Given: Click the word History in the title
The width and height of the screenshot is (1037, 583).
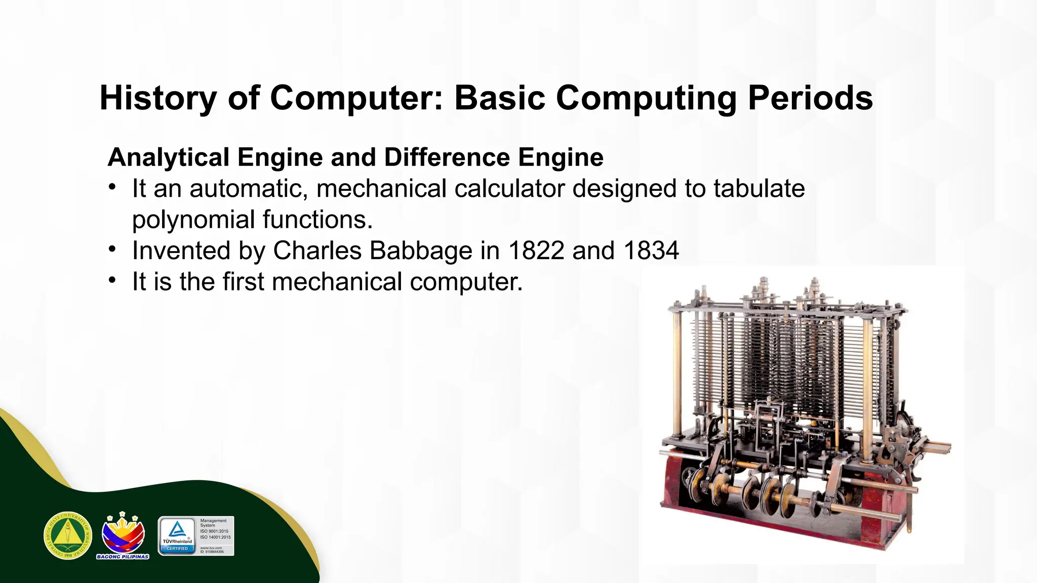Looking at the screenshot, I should click(158, 98).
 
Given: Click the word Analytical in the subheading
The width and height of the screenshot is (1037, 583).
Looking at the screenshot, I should click(169, 157).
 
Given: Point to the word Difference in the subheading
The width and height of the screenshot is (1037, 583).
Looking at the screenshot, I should click(447, 157).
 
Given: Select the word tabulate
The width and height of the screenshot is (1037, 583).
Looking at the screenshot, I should click(759, 189).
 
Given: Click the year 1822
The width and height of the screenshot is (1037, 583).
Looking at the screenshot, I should click(536, 251).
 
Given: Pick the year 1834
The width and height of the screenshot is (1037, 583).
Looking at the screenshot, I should click(651, 251).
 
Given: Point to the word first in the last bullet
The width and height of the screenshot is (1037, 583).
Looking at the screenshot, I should click(243, 282).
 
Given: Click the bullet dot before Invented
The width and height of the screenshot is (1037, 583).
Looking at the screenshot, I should click(112, 249).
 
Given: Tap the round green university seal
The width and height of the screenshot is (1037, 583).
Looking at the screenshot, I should click(68, 535).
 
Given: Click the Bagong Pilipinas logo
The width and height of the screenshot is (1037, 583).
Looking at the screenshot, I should click(123, 535).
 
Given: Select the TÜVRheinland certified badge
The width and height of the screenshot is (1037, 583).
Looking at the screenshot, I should click(177, 536).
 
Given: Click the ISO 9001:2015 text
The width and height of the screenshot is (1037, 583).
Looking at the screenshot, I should click(214, 531).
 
